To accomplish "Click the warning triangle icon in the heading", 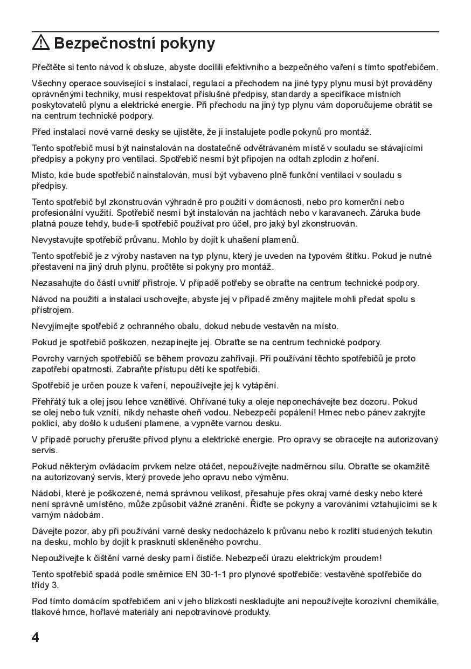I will pos(41,42).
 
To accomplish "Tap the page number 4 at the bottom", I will pos(36,637).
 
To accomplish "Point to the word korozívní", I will pos(366,601).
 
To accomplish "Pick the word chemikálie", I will pos(415,601).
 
